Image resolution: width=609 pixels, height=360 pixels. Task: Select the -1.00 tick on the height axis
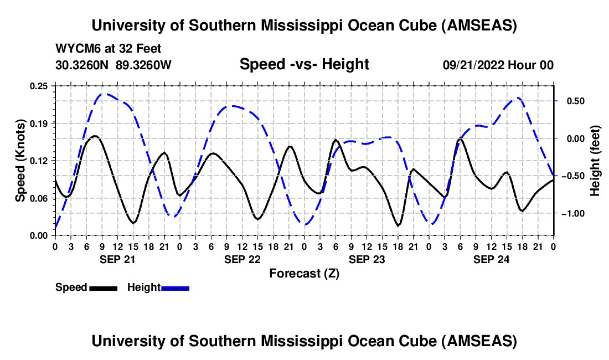[x=572, y=214]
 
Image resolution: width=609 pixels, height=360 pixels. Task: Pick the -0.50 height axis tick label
[x=572, y=176]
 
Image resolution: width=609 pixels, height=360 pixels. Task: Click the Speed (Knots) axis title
[x=20, y=161]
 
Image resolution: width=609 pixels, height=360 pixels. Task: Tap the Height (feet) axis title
[x=596, y=161]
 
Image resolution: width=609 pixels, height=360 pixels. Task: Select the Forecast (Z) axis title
[x=304, y=273]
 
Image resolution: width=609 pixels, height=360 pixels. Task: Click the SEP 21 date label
[x=117, y=259]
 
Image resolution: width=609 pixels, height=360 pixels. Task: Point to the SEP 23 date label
[x=366, y=259]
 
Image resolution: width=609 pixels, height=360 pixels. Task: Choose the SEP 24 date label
[x=491, y=259]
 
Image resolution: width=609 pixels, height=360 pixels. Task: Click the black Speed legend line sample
[x=103, y=287]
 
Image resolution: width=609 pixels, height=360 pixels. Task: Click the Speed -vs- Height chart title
[x=304, y=64]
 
